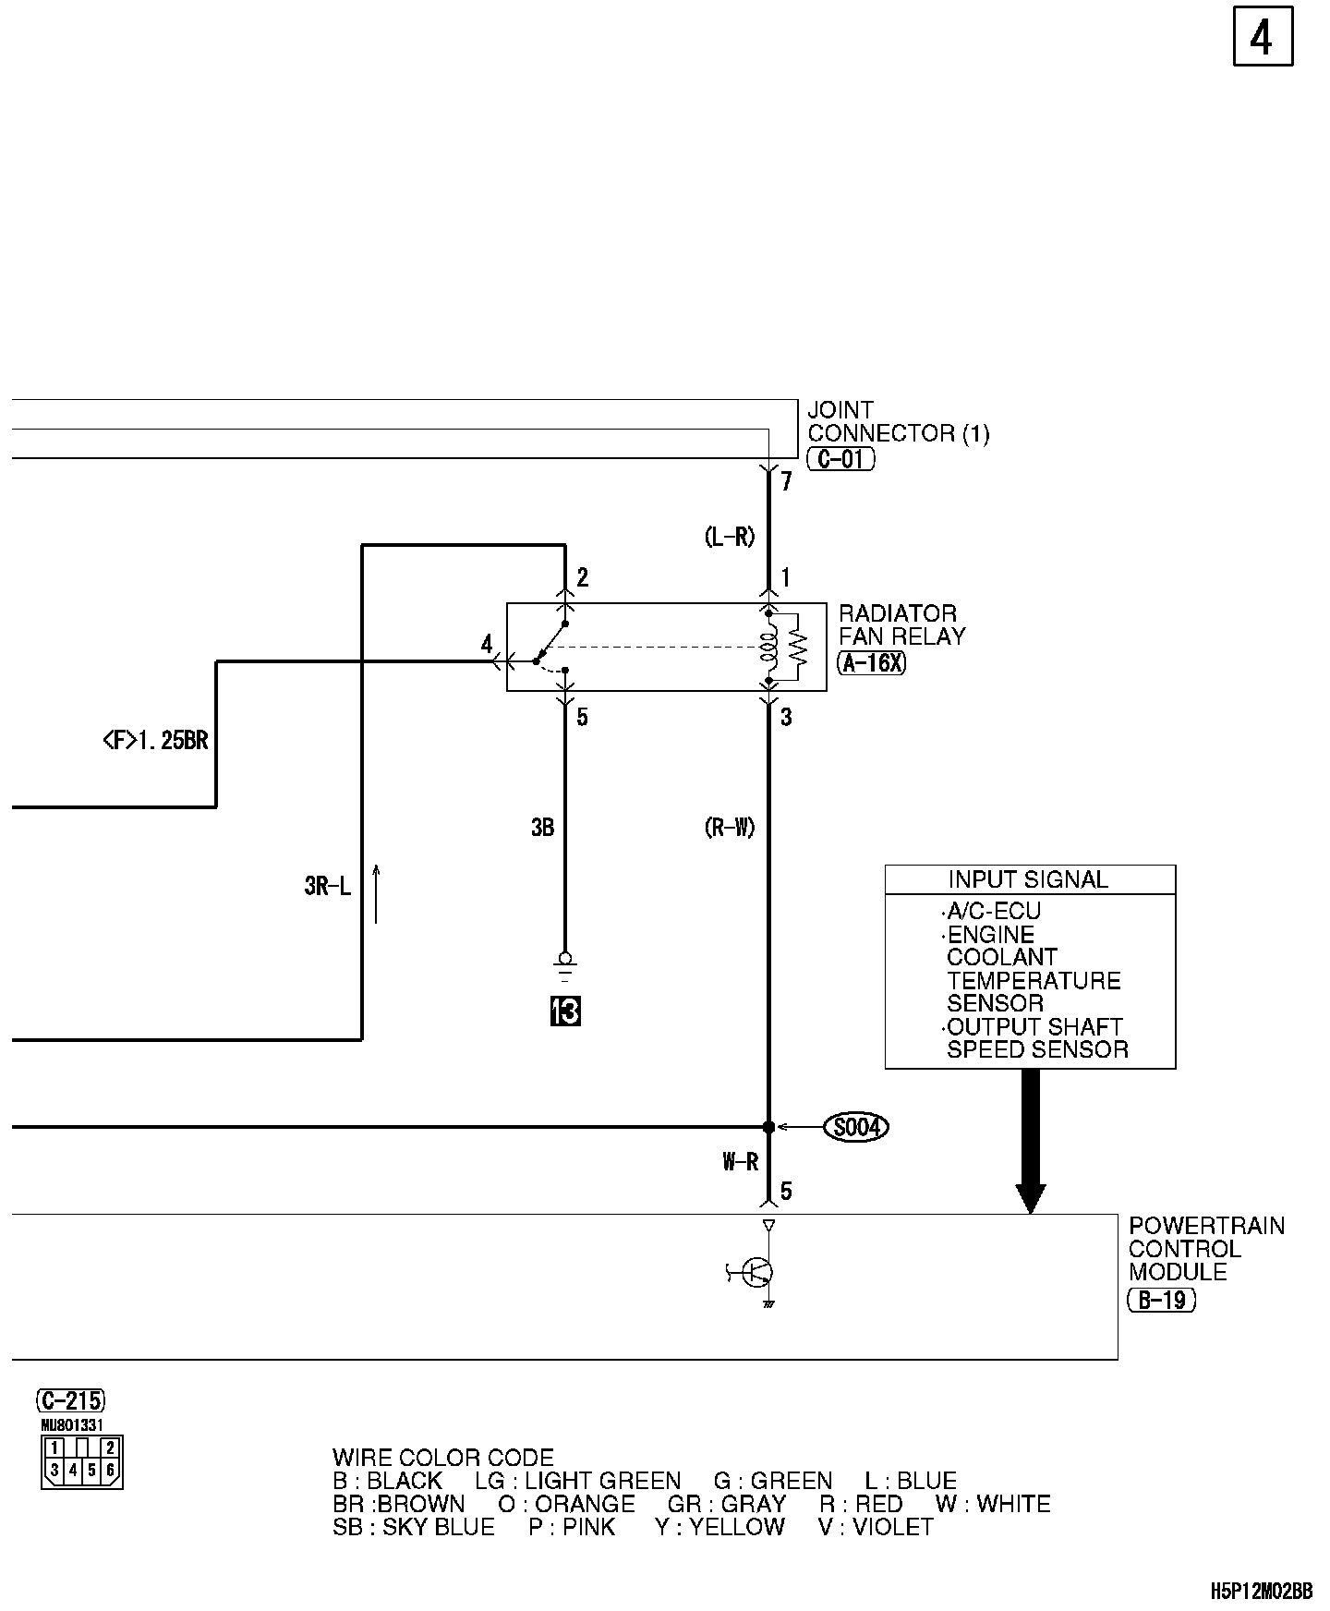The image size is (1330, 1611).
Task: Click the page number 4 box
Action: pos(1262,38)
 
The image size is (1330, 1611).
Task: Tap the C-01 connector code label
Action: pos(840,458)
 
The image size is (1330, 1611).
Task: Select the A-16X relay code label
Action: pos(871,662)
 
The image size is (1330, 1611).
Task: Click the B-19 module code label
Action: pos(1161,1300)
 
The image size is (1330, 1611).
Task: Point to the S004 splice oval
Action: pos(855,1127)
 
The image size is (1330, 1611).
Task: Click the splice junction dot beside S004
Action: pos(768,1127)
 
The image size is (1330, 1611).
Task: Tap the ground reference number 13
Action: pos(565,1011)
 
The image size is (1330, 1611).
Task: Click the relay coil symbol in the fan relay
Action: pos(767,646)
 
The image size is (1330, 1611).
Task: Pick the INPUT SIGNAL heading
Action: pos(1028,879)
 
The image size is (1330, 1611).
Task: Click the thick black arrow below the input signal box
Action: pos(1030,1142)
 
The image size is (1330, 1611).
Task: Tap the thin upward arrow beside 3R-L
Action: pos(376,893)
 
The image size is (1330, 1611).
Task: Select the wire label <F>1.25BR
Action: pos(155,740)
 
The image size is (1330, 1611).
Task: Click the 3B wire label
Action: pos(542,828)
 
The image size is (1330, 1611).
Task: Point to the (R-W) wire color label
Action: pos(729,828)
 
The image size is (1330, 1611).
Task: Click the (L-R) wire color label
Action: pos(729,537)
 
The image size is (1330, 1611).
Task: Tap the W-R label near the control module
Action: pos(740,1162)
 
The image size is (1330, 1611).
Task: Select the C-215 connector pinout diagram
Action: pos(81,1461)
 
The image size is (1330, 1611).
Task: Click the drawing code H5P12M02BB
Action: pos(1261,1591)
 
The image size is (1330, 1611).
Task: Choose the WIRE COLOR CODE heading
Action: pos(442,1458)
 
